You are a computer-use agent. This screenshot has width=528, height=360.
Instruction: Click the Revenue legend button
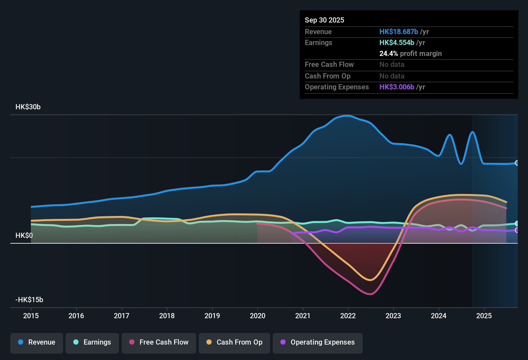pos(37,342)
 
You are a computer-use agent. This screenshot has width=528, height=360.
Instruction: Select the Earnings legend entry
pos(92,342)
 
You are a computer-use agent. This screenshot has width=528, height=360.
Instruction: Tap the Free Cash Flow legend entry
pos(159,342)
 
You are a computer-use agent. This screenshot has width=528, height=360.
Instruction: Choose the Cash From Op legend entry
pos(234,342)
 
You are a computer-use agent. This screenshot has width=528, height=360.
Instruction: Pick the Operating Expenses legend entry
pos(318,342)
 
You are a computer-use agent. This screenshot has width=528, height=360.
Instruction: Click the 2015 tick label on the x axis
pos(31,316)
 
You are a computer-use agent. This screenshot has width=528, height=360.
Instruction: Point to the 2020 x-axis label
pos(258,316)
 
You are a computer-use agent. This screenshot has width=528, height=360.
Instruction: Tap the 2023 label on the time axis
pos(393,316)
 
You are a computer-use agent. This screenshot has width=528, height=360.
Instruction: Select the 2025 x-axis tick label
pos(484,316)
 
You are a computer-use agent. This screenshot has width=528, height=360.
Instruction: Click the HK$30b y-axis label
pos(28,107)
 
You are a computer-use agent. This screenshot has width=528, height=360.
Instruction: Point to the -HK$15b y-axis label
pos(29,300)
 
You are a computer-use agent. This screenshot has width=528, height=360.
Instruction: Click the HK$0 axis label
pos(24,236)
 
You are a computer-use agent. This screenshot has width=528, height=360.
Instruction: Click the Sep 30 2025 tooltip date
pos(324,20)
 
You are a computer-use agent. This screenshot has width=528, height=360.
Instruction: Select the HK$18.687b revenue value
pos(399,32)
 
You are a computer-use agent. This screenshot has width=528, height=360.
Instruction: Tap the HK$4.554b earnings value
pos(397,42)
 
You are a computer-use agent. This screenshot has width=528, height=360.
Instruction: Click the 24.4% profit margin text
pos(410,53)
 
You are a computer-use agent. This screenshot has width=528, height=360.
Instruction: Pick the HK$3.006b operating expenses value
pos(397,87)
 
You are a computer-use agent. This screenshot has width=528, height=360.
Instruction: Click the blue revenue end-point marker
pos(517,163)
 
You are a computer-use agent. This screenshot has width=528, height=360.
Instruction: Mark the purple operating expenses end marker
pos(517,230)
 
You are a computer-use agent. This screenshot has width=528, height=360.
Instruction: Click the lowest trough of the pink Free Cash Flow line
pos(370,294)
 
